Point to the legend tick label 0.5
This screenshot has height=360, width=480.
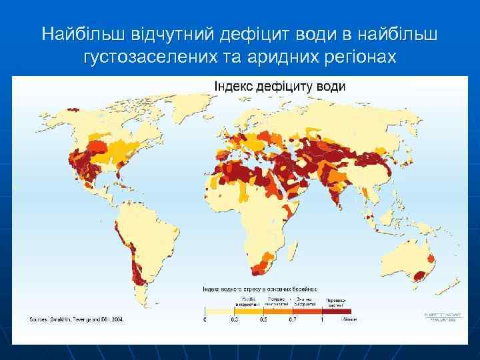tap(264, 319)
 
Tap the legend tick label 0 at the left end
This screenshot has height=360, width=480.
tap(205, 319)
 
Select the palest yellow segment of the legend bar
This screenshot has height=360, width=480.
tap(219, 311)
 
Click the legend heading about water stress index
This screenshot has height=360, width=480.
tap(260, 289)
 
